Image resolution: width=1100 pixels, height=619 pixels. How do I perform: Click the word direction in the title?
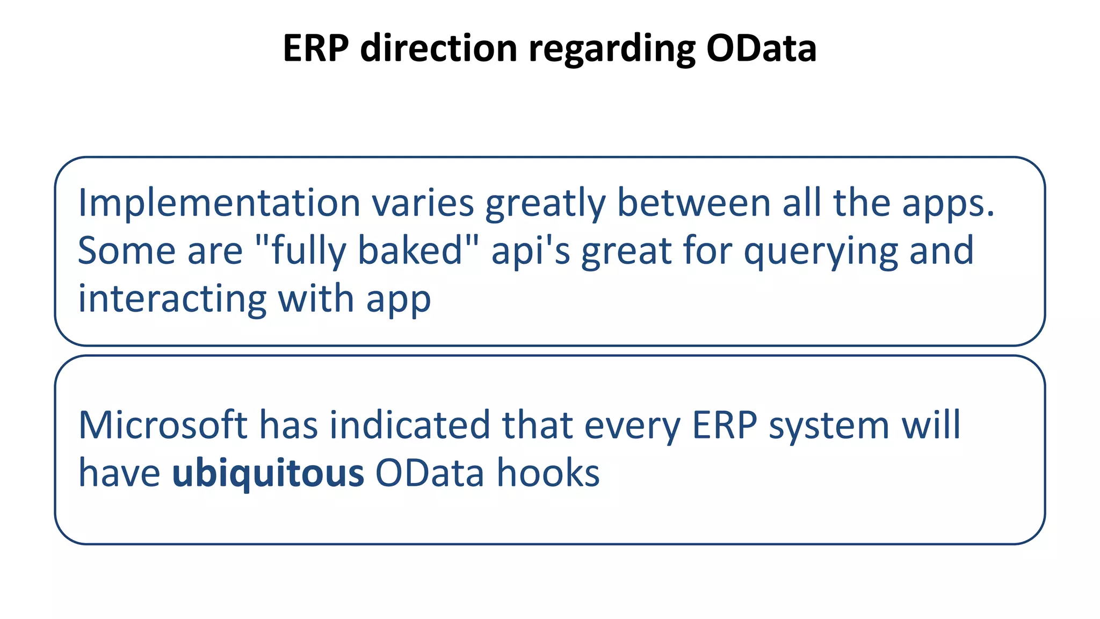point(438,48)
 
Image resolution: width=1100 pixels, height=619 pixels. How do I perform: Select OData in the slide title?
point(761,48)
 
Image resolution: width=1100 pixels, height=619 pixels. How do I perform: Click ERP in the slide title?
point(316,48)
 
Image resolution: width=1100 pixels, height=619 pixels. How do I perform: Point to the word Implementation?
point(219,204)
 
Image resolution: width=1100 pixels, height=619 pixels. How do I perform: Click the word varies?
point(423,204)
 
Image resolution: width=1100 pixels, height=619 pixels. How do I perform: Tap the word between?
point(694,203)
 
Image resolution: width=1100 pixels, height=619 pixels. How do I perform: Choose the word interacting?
point(172,299)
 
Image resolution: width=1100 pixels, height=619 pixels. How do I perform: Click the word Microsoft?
point(163,425)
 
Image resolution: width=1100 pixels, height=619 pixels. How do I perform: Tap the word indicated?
point(410,425)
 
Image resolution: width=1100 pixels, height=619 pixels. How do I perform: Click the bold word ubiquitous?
point(267,473)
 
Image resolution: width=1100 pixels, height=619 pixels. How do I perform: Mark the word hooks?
point(548,473)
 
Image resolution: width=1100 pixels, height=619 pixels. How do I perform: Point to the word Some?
point(127,251)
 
